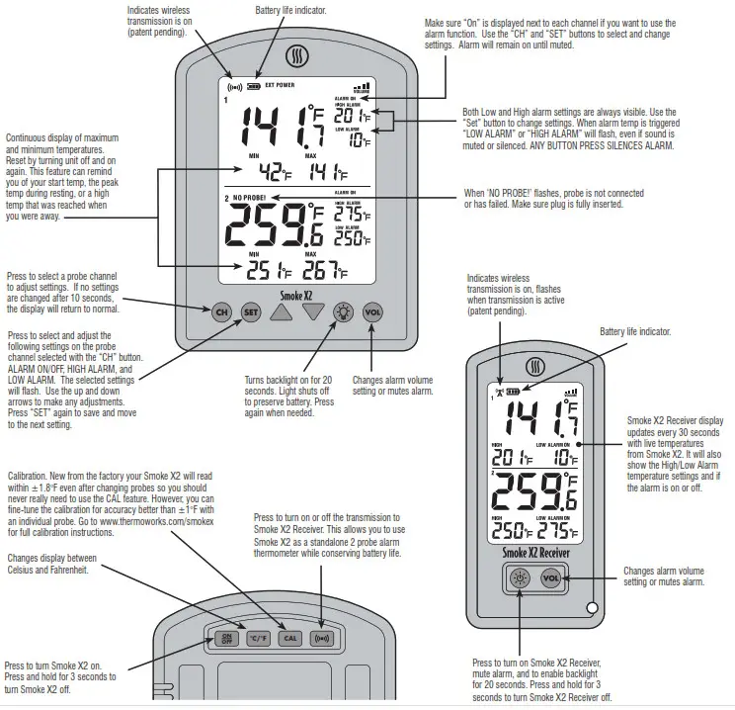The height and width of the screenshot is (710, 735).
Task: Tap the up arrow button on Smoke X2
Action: click(x=282, y=312)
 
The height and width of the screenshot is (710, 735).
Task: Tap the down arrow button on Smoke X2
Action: click(x=313, y=312)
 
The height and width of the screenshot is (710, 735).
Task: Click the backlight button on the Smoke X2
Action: click(x=343, y=311)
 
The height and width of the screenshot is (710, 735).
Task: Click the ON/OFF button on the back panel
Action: click(x=226, y=638)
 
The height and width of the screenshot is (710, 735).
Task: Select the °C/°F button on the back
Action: click(x=259, y=638)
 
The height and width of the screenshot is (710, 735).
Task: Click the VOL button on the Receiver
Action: click(x=551, y=579)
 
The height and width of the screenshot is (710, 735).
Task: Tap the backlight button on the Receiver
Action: click(x=520, y=579)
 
